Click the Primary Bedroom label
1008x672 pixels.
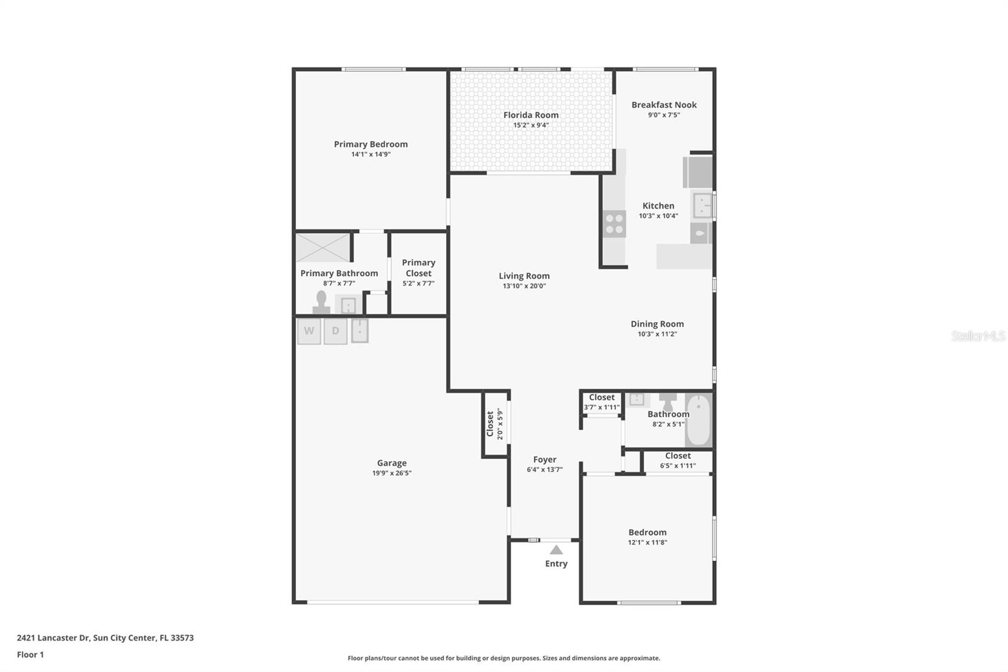coord(370,144)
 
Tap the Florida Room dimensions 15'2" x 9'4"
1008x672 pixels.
coord(530,125)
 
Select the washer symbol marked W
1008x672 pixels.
coord(309,331)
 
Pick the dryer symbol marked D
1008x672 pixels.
coord(335,331)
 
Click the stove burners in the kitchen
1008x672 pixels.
coord(614,224)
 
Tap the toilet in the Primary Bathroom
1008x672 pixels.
coord(322,303)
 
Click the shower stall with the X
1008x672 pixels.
coord(323,247)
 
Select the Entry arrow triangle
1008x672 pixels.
coord(556,550)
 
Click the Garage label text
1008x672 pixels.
coord(391,463)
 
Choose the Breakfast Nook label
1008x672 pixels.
coord(664,105)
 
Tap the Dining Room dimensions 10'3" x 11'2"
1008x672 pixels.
coord(657,334)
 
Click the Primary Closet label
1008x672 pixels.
coord(418,268)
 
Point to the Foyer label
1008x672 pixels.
coord(544,460)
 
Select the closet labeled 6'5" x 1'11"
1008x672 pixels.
coord(678,461)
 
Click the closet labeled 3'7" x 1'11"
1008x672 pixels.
coord(602,402)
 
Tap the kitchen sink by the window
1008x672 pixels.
coord(702,206)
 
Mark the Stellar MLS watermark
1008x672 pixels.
coord(978,336)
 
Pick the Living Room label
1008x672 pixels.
coord(524,276)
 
